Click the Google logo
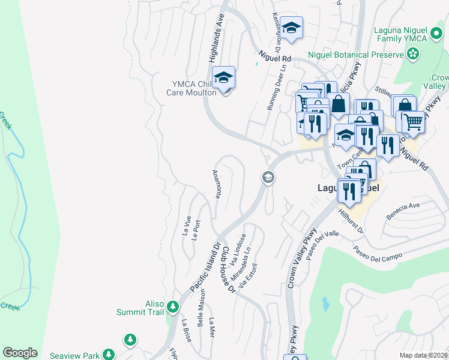point(20,353)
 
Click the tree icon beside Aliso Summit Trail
point(173,308)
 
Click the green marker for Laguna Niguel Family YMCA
point(412,55)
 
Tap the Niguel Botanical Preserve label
point(355,55)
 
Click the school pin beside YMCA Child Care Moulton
point(224,78)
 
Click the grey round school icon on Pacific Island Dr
point(267,177)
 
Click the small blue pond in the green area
point(325,304)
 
